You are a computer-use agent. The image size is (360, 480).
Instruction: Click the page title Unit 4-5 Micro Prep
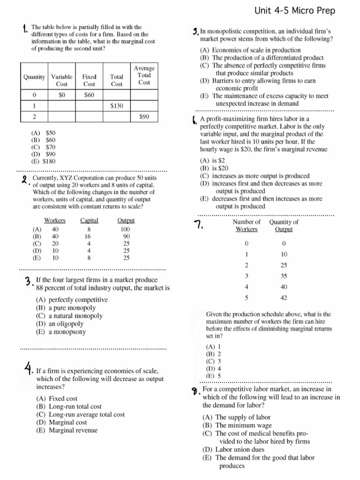click(295, 10)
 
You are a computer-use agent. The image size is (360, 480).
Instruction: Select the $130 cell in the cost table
click(117, 106)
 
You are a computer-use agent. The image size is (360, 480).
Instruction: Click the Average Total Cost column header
click(144, 75)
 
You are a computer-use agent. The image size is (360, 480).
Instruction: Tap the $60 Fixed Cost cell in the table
click(89, 95)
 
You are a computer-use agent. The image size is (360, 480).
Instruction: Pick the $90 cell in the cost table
click(144, 117)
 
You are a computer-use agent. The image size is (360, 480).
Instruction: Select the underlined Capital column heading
click(89, 220)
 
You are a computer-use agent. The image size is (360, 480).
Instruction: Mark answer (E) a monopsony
click(60, 331)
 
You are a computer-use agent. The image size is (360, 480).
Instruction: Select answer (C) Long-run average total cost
click(80, 414)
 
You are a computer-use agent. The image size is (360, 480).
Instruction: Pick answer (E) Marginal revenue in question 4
click(67, 430)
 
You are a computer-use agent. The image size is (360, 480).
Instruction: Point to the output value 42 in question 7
click(284, 298)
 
